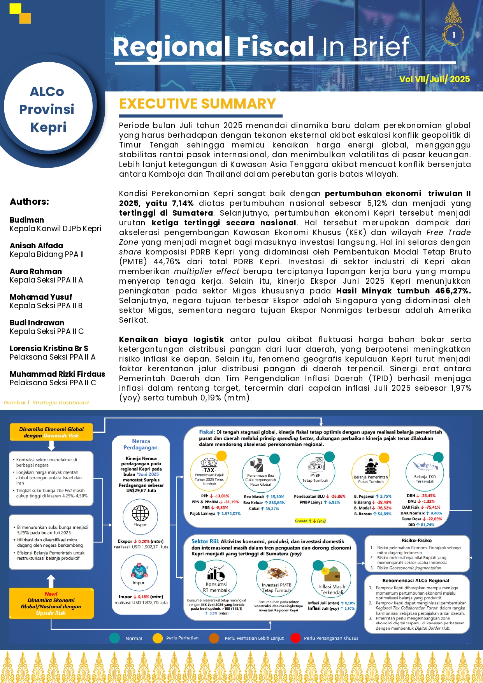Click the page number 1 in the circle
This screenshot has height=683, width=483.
(x=453, y=35)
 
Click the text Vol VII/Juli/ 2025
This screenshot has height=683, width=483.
(x=434, y=79)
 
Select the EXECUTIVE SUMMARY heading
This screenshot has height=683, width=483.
(x=197, y=104)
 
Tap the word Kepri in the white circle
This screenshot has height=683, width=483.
(x=48, y=127)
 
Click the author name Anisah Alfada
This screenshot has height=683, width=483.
(x=36, y=246)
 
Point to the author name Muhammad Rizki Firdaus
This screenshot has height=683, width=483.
(x=57, y=374)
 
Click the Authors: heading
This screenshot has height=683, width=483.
(x=29, y=202)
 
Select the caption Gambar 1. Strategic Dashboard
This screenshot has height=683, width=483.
(x=46, y=403)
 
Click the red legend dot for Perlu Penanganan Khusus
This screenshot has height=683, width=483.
(x=296, y=638)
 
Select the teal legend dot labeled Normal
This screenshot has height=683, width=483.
(x=114, y=638)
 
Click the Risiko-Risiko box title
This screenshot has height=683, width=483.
(x=416, y=541)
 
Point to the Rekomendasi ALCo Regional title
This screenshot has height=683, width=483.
(x=416, y=580)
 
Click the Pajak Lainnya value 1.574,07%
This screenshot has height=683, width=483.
(x=231, y=514)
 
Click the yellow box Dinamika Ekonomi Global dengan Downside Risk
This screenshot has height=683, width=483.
(x=51, y=432)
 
